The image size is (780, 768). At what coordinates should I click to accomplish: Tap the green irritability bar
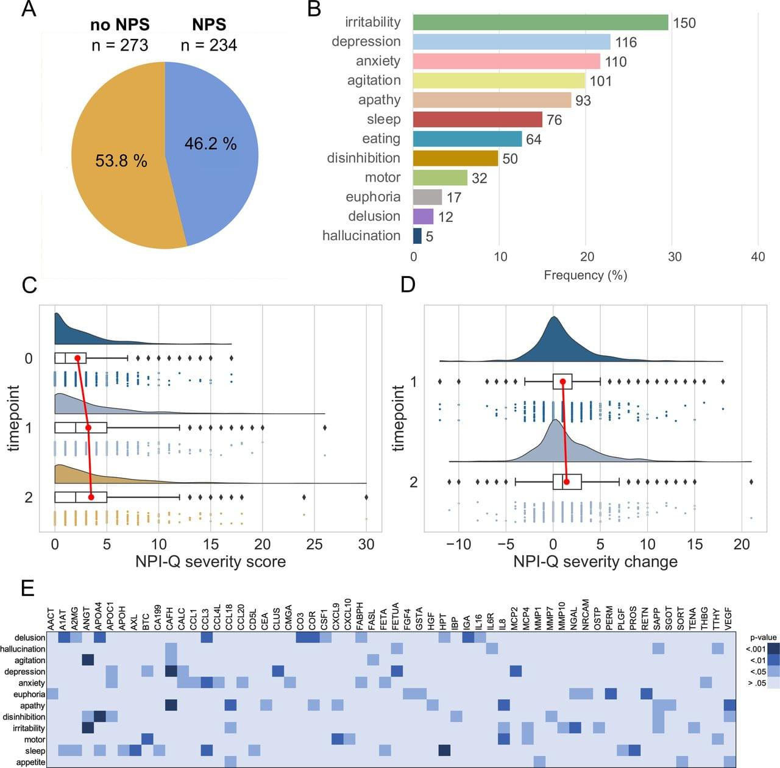coord(541,23)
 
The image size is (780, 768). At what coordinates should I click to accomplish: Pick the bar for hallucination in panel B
coord(417,236)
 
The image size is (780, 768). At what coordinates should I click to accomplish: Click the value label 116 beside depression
coord(626,42)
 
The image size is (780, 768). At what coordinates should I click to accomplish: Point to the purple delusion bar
coord(423,216)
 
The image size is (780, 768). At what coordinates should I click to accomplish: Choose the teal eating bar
coord(467,139)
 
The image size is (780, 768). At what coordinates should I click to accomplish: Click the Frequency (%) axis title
coord(585,275)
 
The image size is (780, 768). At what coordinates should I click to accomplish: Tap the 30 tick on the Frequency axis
coord(674,257)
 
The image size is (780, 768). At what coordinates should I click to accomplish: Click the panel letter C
coord(29,285)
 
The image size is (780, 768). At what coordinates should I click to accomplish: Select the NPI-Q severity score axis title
coord(210,561)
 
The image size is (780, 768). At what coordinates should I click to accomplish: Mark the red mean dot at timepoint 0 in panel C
coord(77,358)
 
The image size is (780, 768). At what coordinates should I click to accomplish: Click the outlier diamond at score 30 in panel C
coord(366,497)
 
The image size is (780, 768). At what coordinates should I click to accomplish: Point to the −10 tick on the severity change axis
coord(458,544)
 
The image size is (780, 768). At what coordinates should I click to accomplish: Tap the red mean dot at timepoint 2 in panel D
coord(567,482)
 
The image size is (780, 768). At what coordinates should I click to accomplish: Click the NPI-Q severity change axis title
coord(595,561)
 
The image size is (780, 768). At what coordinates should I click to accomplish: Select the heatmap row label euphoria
coord(29,694)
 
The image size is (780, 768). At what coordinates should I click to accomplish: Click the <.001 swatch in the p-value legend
coord(773,649)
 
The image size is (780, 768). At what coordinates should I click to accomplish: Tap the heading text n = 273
coord(119,45)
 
